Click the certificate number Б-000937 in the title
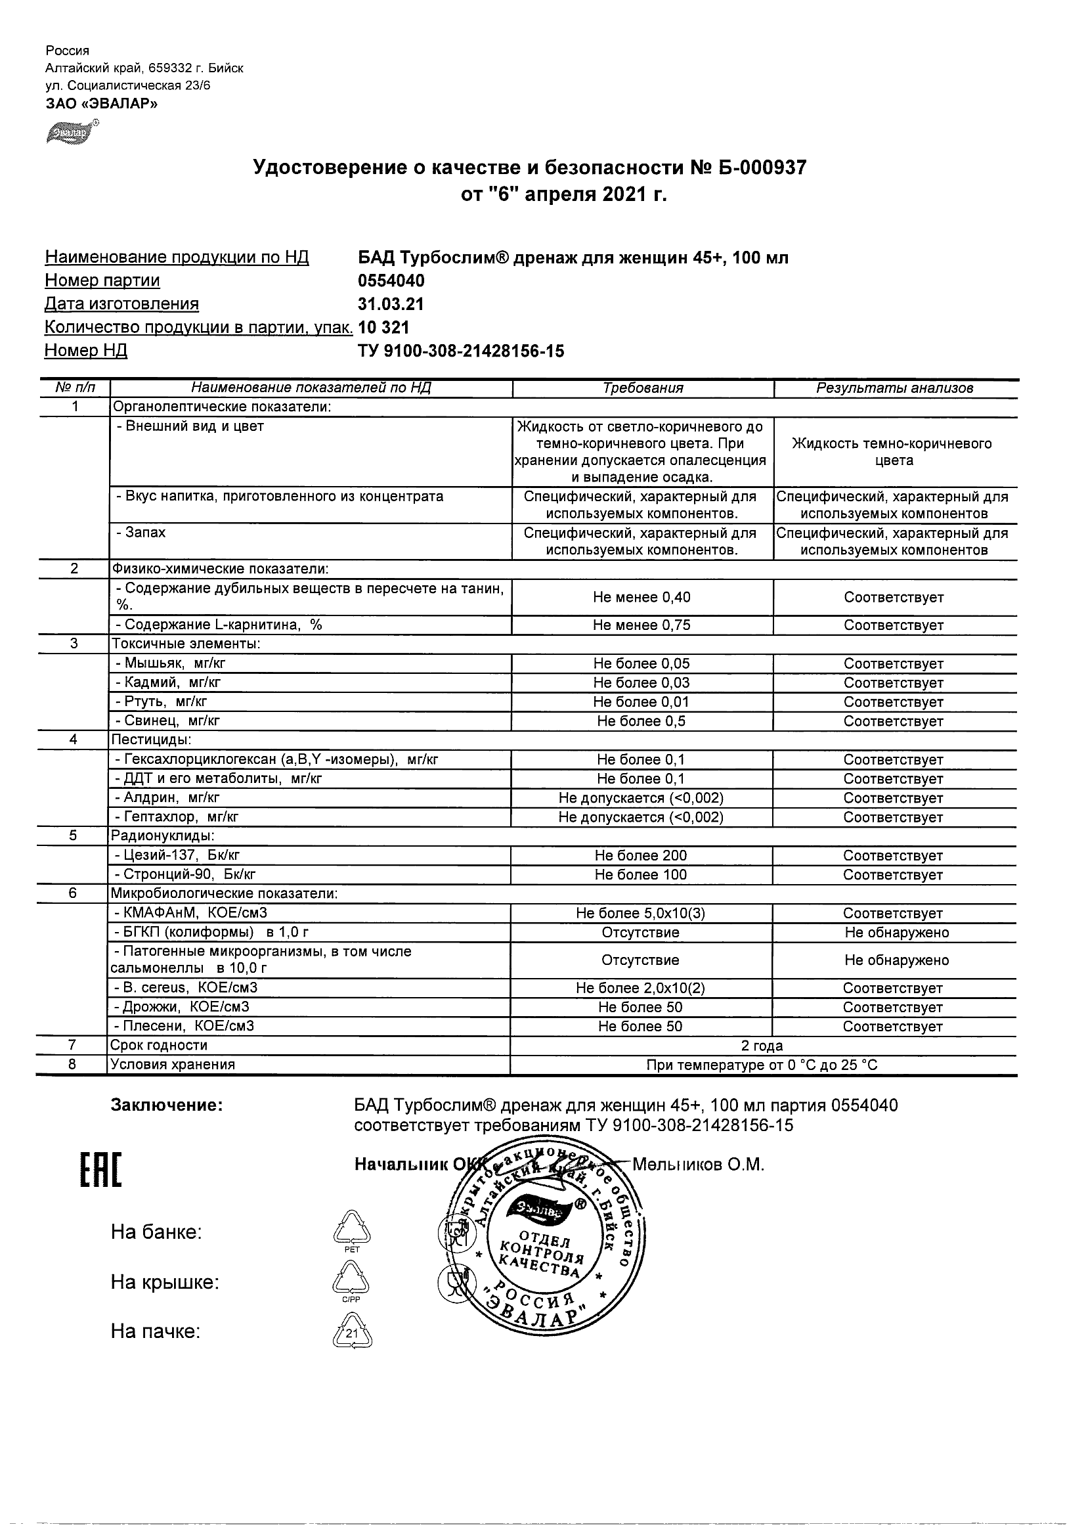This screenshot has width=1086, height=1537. point(764,167)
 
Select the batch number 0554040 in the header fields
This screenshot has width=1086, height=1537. point(391,280)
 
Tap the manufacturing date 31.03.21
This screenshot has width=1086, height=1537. point(391,304)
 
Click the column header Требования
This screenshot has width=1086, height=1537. point(642,388)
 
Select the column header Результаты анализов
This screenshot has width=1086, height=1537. point(895,388)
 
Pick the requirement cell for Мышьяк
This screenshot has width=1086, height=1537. point(641,663)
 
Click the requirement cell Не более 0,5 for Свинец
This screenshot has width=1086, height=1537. point(641,721)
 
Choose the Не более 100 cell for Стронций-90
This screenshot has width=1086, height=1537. point(641,875)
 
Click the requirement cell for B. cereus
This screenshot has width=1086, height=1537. point(640,988)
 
